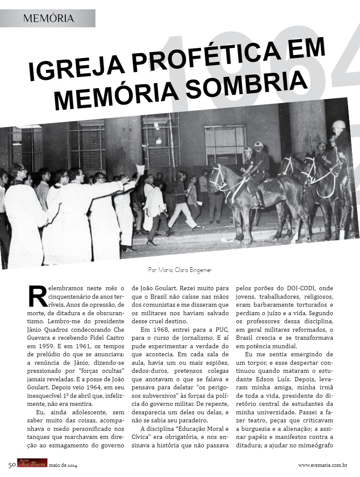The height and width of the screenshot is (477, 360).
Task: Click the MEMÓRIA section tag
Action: coord(49,18)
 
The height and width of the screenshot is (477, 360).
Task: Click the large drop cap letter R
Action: coord(37,296)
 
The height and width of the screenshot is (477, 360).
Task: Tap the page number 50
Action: coord(12,465)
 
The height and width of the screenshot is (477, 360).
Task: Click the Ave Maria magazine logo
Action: coord(32,464)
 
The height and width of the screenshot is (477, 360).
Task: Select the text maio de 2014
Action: coord(63,465)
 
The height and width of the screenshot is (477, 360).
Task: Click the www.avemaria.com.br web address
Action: coord(323,465)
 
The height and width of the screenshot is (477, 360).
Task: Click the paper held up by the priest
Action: coord(140,169)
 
